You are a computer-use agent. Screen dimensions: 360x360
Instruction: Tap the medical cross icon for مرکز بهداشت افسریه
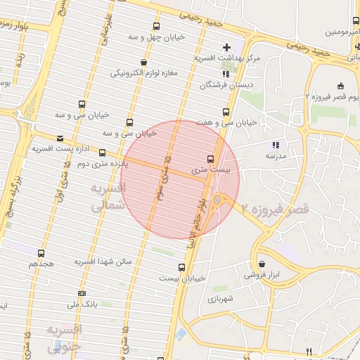tap(226, 46)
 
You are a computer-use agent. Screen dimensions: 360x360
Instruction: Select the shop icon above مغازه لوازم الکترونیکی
tap(144, 63)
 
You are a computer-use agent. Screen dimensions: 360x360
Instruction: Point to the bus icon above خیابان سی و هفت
tap(226, 112)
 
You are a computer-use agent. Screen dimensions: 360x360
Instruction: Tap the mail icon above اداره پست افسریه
tap(60, 139)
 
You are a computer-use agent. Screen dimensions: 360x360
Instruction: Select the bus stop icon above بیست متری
tap(210, 158)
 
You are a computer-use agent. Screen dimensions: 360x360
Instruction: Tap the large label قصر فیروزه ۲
tap(275, 209)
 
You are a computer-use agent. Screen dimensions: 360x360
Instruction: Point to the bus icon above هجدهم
tap(41, 253)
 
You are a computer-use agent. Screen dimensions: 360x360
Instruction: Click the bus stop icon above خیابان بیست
tap(181, 267)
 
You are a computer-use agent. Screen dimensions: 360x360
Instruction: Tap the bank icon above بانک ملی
tap(82, 293)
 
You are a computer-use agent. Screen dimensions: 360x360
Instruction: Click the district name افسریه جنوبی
tap(65, 338)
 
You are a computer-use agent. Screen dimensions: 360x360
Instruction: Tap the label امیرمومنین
tap(342, 32)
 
